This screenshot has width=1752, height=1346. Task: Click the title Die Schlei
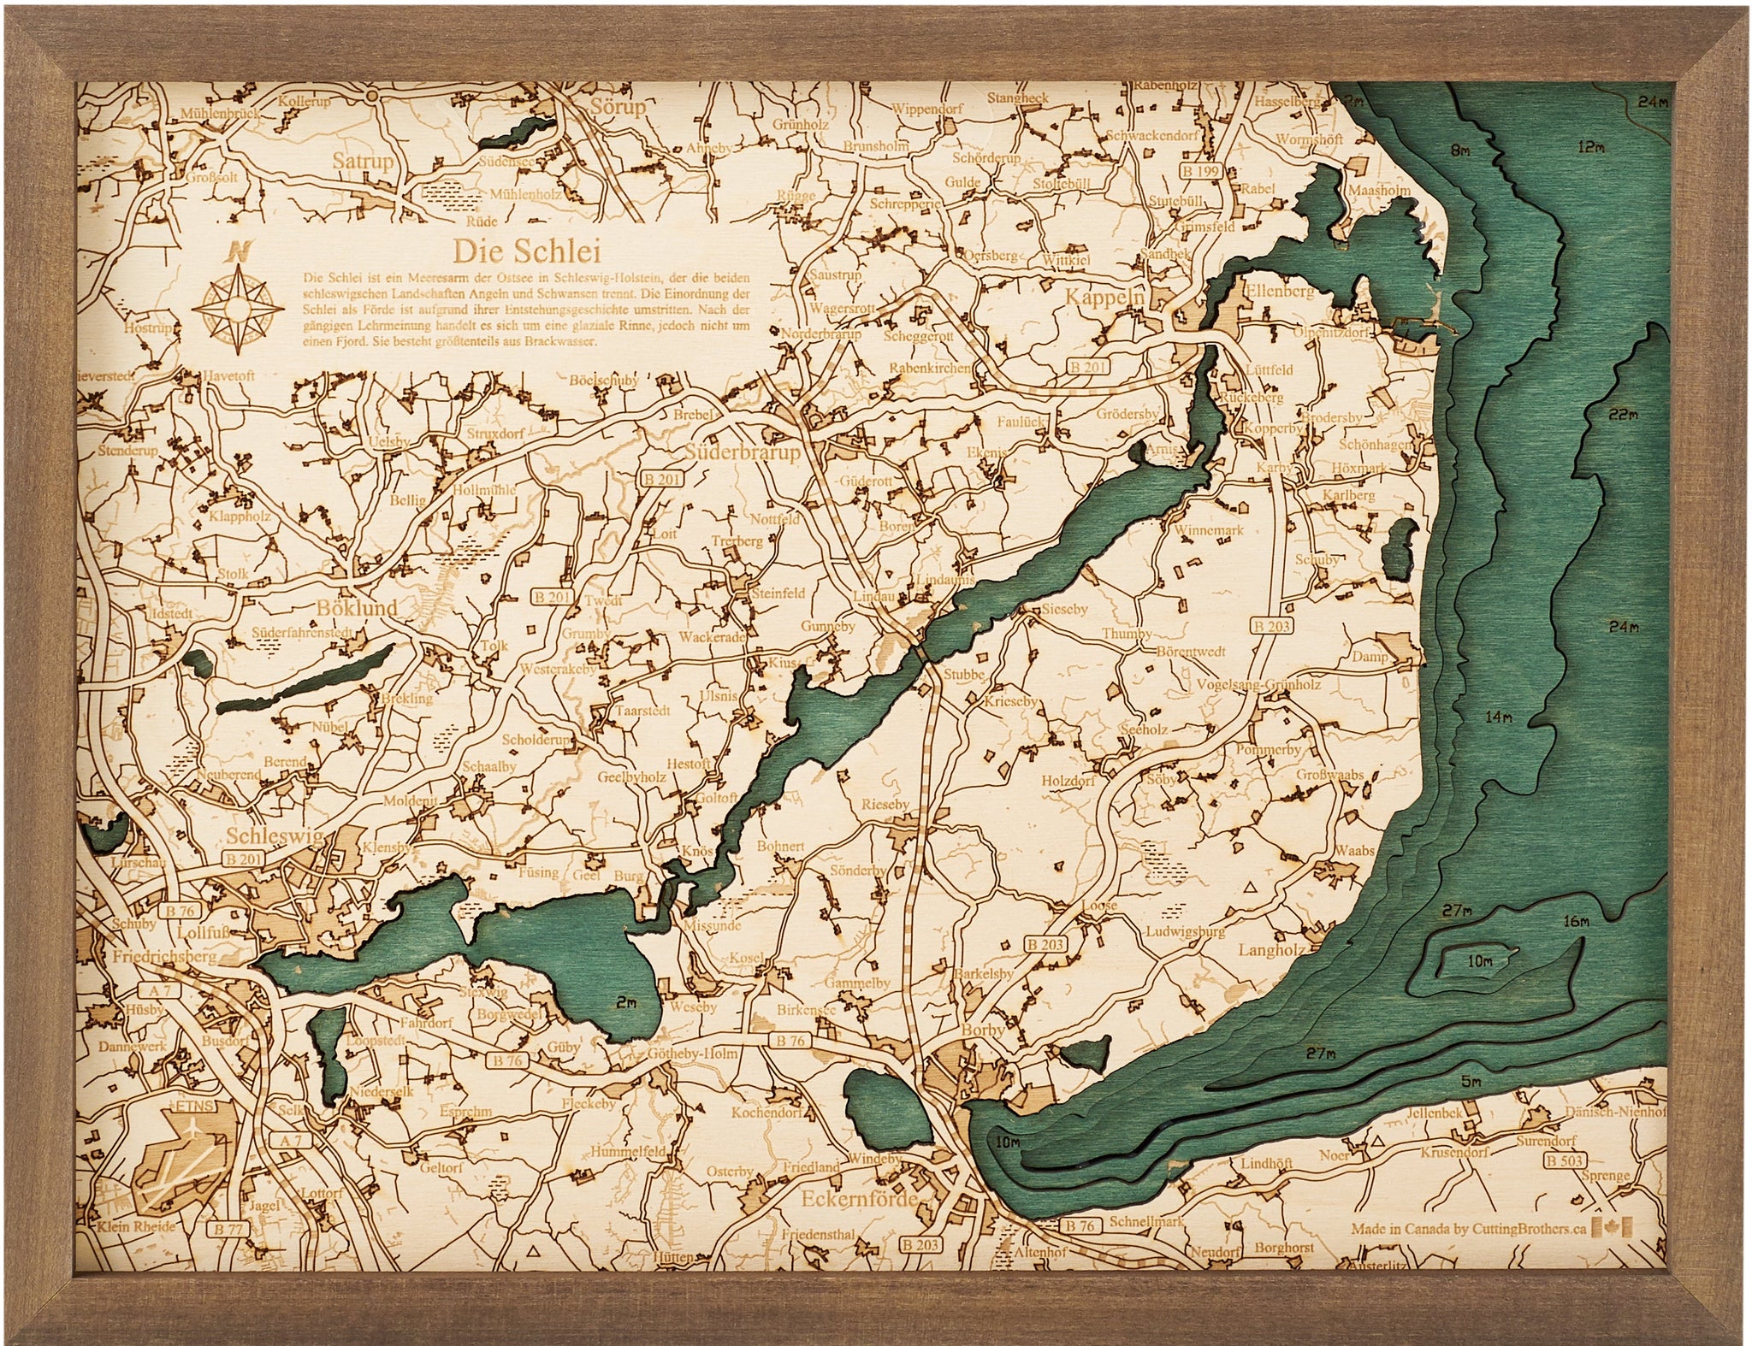(526, 251)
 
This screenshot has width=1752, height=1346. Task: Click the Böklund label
(357, 608)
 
